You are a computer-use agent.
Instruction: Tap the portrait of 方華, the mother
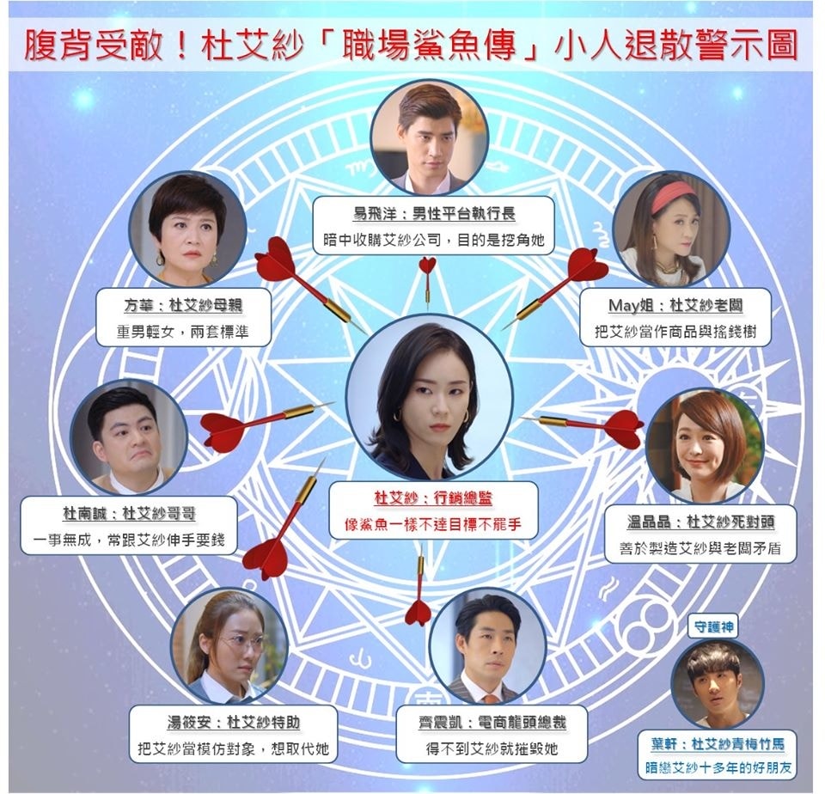188,229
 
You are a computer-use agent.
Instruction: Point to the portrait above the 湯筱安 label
229,645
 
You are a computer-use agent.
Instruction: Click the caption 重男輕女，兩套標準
183,331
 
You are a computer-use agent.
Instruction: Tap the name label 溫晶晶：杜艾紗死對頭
700,522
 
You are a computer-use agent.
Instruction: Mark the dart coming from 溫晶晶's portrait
593,424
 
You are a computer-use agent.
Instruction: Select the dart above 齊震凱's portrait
419,593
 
